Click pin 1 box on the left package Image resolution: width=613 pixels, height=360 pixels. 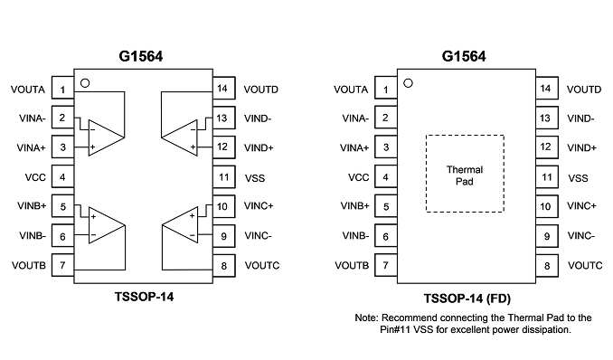tap(62, 89)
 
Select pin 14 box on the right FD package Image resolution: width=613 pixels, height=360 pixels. tap(546, 88)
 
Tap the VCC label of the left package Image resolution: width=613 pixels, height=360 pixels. tap(35, 177)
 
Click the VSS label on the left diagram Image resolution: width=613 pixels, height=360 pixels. tap(255, 178)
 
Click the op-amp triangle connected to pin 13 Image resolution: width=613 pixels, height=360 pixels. tap(179, 137)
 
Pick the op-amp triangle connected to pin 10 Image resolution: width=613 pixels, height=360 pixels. tap(180, 225)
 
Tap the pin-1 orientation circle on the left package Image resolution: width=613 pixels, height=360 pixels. tap(85, 83)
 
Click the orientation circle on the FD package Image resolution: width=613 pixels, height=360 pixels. tap(408, 83)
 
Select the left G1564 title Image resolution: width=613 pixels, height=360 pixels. tap(141, 56)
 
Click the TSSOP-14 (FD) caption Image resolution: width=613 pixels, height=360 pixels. tap(467, 299)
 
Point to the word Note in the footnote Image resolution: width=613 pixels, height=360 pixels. tap(366, 317)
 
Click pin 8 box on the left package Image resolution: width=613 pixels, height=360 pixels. tap(224, 266)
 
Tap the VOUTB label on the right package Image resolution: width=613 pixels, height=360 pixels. tap(352, 266)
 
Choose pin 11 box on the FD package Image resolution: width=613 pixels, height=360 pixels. tap(546, 177)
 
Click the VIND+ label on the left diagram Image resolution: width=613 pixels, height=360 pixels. tap(259, 148)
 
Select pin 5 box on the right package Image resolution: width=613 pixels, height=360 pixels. tap(386, 206)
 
